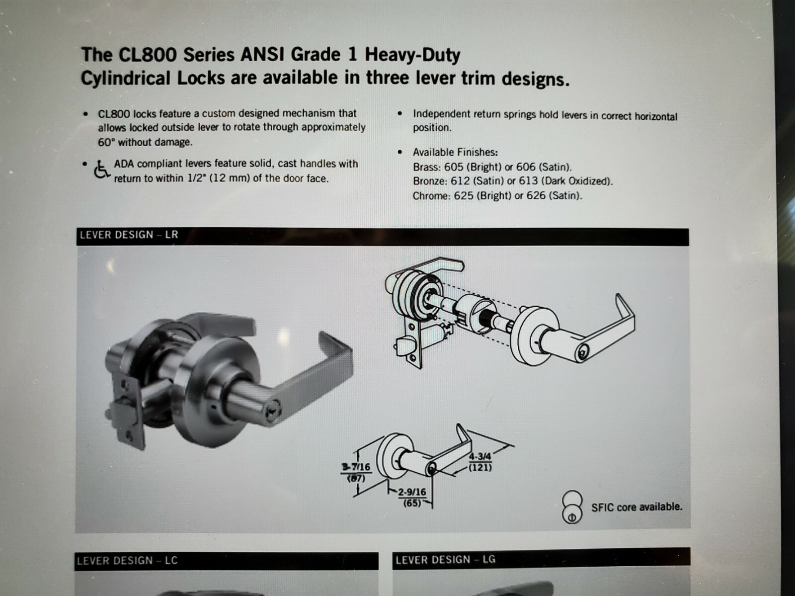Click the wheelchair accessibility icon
pos(101,170)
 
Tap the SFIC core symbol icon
pos(572,507)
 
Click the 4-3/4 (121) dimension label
pos(480,462)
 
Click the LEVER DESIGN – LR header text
pos(129,235)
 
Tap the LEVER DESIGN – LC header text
pos(127,561)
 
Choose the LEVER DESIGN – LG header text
pos(446,560)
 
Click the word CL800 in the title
pos(148,55)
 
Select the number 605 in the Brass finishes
pos(454,167)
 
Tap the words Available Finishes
pos(456,152)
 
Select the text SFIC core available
pos(637,507)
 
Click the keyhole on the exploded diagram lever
pos(582,351)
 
